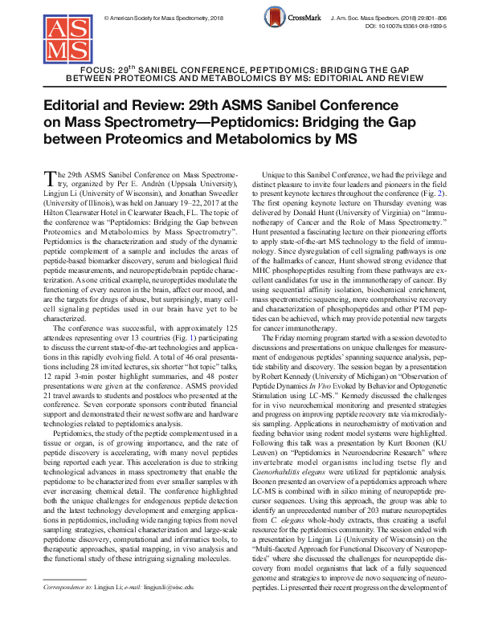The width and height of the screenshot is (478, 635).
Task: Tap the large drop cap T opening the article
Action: click(48, 175)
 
